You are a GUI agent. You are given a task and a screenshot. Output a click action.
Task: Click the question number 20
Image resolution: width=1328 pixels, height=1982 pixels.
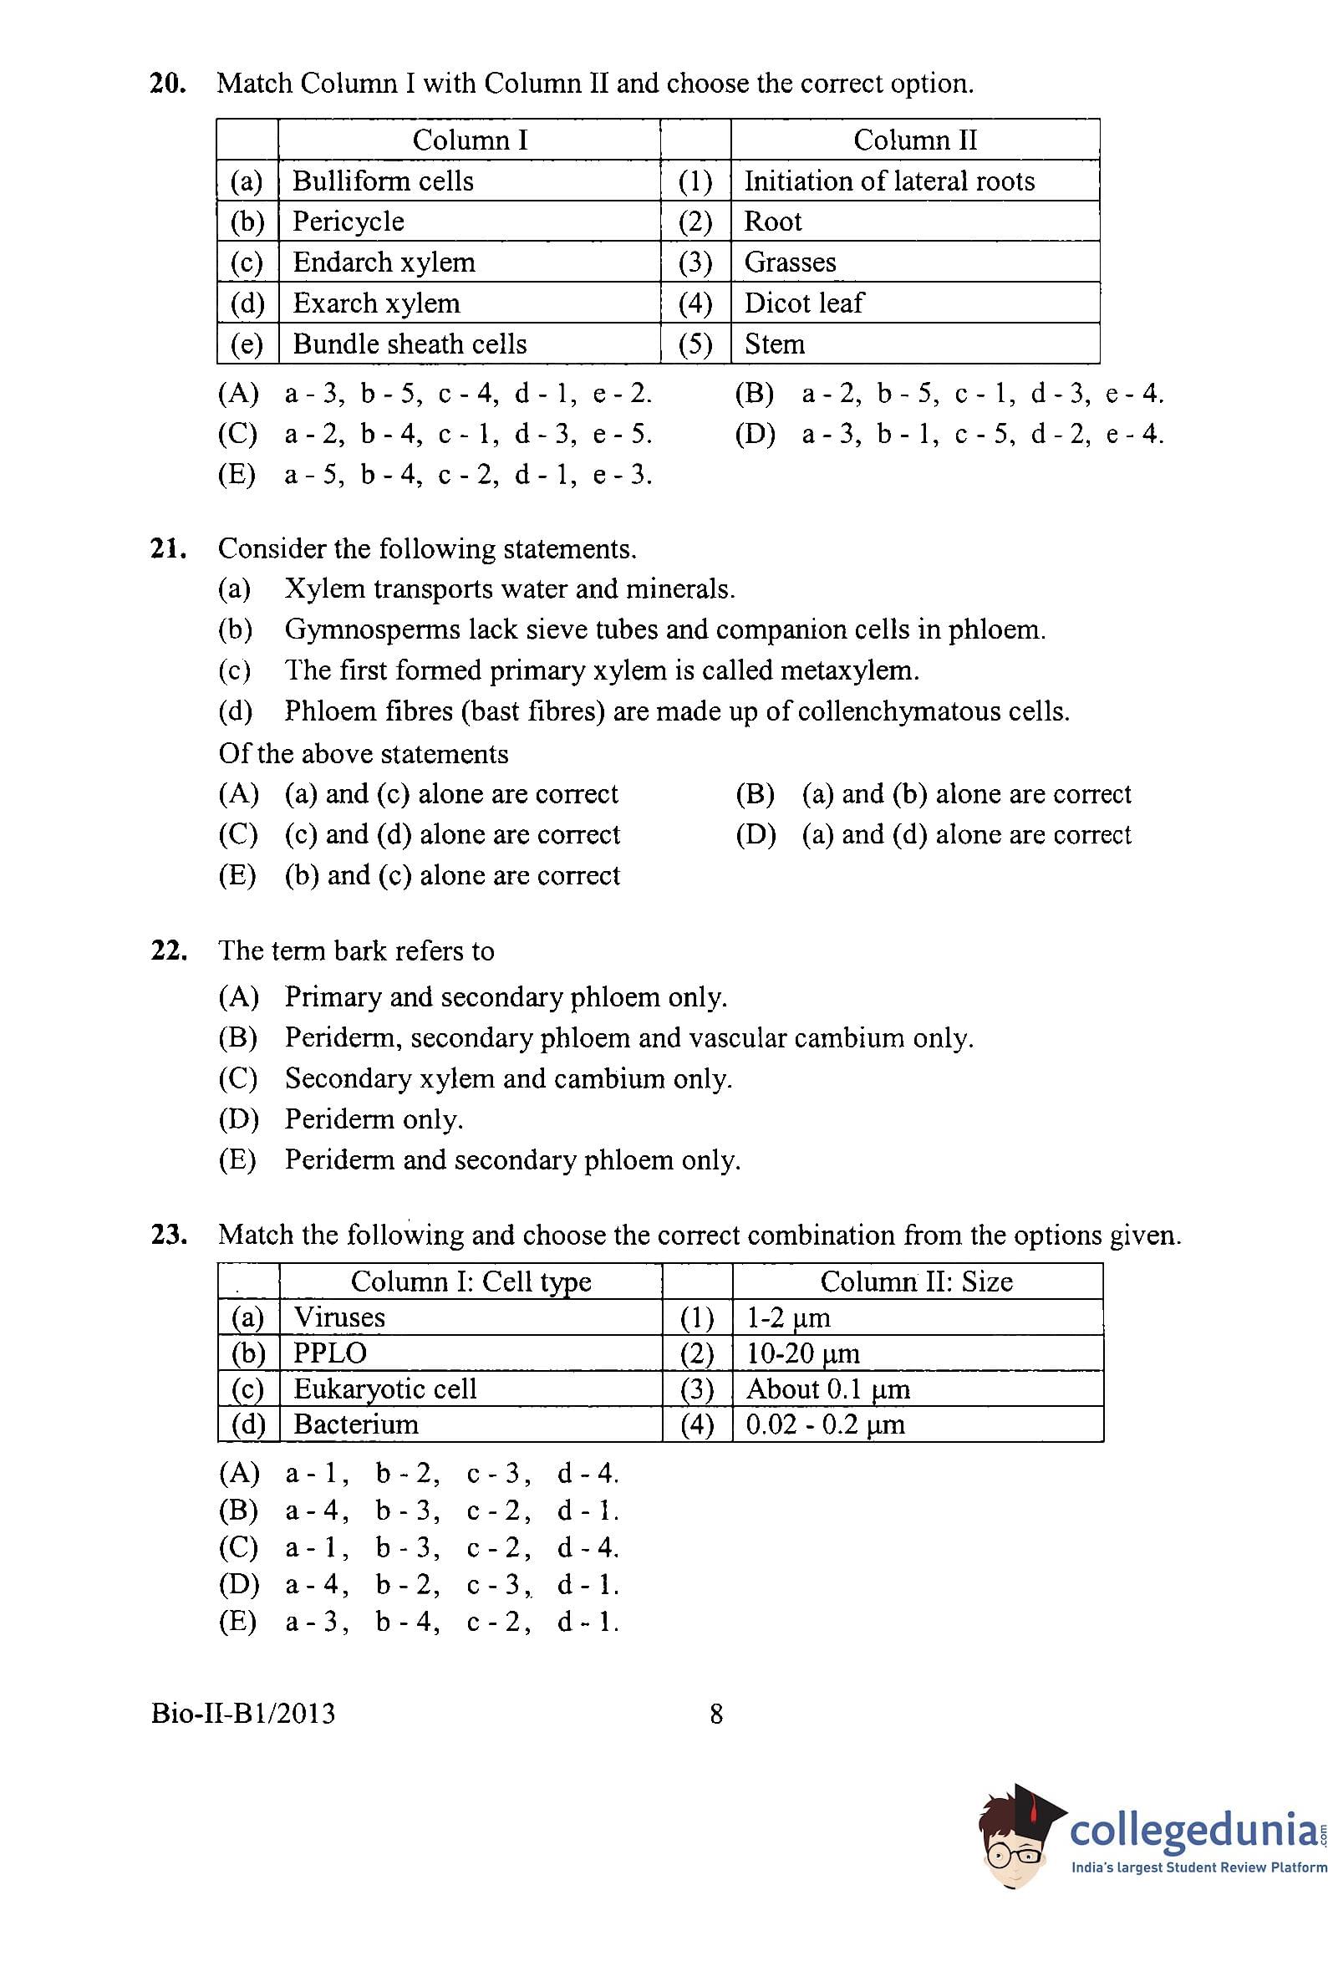pyautogui.click(x=168, y=84)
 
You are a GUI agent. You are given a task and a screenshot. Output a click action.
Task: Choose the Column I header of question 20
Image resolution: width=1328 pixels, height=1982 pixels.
pyautogui.click(x=470, y=140)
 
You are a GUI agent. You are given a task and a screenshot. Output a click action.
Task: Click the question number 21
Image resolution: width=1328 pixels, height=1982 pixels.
pyautogui.click(x=168, y=549)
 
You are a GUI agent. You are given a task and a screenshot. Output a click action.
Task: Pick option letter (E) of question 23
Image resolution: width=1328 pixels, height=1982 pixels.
pyautogui.click(x=237, y=1622)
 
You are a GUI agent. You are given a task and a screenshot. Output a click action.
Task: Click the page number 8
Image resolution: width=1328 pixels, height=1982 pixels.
pyautogui.click(x=715, y=1715)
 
